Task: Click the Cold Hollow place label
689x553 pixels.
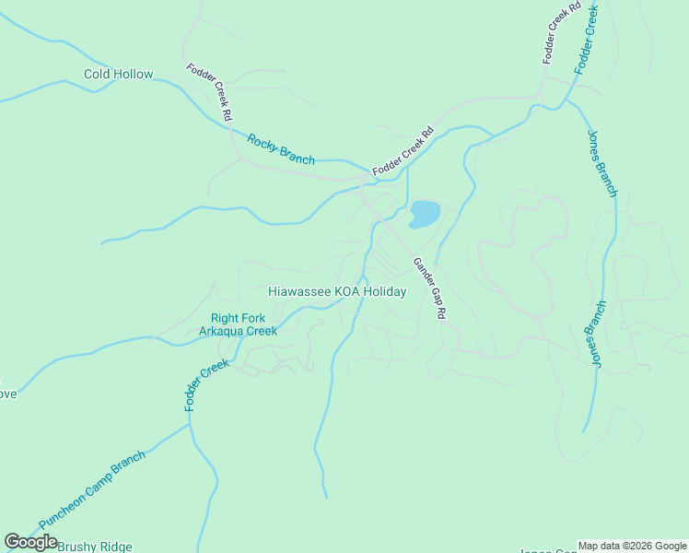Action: [118, 74]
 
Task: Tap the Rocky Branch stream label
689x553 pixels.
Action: [281, 149]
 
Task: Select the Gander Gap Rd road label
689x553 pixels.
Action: [430, 288]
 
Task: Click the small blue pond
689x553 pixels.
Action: [425, 214]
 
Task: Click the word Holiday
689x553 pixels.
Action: [384, 291]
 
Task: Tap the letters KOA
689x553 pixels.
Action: [346, 291]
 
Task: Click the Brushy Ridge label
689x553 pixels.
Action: [95, 547]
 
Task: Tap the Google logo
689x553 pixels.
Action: [30, 542]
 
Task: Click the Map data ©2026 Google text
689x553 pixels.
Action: [632, 546]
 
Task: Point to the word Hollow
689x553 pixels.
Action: [134, 74]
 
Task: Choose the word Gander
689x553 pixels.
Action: [421, 274]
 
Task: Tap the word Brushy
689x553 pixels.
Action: [76, 547]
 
